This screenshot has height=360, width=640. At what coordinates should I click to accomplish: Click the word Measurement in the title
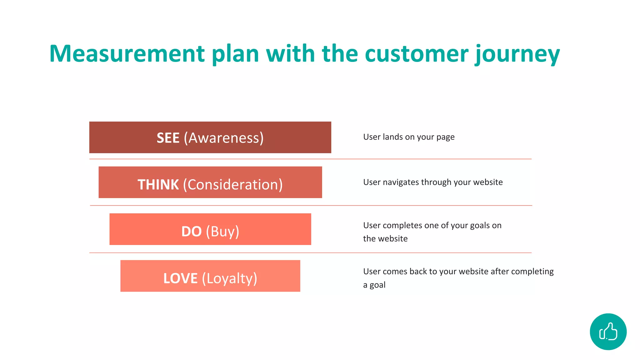pos(127,54)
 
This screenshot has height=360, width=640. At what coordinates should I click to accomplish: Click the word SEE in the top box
pos(168,138)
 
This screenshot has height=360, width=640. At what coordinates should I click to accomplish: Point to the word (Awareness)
pos(224,138)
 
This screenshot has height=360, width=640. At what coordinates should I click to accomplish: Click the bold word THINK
pos(158,184)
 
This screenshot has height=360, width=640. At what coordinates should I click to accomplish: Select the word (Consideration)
pos(233,184)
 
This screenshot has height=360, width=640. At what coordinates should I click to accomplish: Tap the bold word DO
pos(191,232)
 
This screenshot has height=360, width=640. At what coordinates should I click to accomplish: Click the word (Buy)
pos(222,232)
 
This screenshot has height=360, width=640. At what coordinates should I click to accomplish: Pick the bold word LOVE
pos(180,278)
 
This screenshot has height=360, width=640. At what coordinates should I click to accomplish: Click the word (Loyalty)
pos(229,278)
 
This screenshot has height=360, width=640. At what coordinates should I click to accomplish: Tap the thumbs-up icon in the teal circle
pos(608,332)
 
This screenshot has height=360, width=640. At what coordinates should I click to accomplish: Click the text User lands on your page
pos(409,137)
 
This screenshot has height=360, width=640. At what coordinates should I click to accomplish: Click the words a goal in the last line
pos(374,285)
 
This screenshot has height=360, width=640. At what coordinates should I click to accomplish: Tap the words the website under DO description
pos(385,238)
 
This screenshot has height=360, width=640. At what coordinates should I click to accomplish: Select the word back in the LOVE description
pos(418,271)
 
